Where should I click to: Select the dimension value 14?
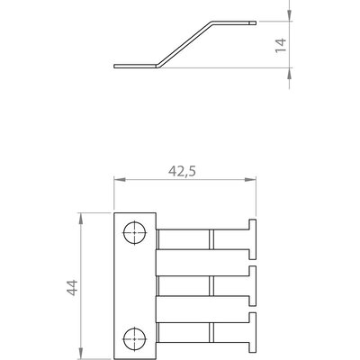click(x=280, y=45)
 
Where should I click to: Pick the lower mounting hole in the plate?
click(x=134, y=338)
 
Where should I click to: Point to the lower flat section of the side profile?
click(x=135, y=65)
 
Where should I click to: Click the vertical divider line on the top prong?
click(x=211, y=240)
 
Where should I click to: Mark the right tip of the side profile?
click(x=259, y=22)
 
